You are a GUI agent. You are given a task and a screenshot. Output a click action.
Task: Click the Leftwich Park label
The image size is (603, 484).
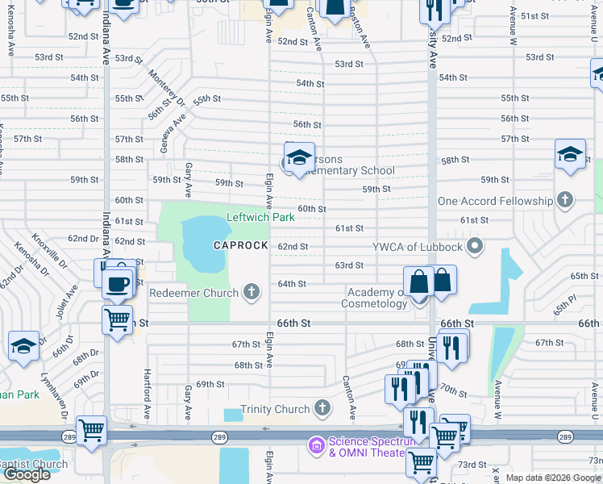point(260,218)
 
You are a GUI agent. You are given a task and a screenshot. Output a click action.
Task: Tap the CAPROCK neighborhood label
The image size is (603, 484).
point(239,244)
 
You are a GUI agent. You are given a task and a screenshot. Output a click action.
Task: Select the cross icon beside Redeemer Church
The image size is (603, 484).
point(252,293)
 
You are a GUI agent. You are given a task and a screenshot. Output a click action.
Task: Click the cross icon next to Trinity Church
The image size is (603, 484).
point(322,409)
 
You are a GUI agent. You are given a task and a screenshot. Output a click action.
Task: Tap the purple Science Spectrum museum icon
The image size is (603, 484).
point(315,444)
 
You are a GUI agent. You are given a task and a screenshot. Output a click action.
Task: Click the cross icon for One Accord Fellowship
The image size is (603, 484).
point(566,200)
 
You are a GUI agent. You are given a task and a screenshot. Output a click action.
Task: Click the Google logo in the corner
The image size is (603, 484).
point(27,474)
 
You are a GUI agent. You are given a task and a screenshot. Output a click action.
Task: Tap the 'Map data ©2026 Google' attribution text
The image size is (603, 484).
point(552,478)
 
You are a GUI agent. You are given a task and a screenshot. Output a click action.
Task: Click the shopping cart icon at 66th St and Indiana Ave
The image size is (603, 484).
point(118,320)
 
